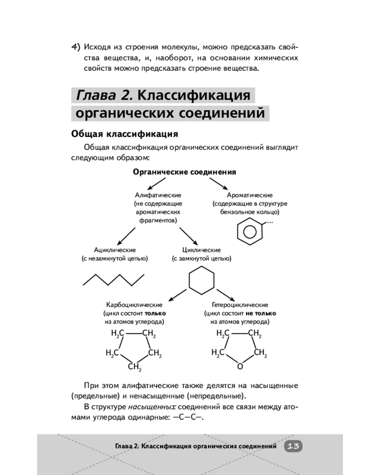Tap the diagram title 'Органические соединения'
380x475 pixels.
click(x=185, y=171)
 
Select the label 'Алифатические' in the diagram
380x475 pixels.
click(x=158, y=195)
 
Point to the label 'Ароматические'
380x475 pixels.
click(x=249, y=195)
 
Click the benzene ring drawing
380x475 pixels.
click(x=250, y=232)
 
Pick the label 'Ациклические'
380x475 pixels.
click(x=115, y=250)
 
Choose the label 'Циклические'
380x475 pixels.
click(x=201, y=250)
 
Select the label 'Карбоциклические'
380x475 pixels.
click(x=134, y=305)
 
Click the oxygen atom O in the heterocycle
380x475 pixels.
click(x=240, y=367)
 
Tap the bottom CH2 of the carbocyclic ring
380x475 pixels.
click(x=135, y=367)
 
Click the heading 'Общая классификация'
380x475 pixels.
click(x=124, y=134)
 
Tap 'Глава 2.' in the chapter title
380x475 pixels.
click(x=104, y=95)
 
